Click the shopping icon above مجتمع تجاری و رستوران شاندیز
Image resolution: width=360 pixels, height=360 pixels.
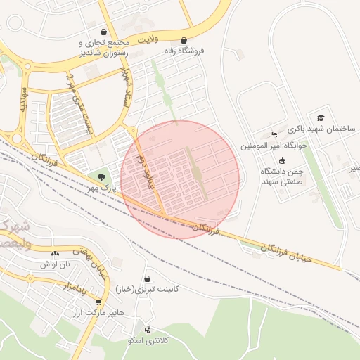point(104,32)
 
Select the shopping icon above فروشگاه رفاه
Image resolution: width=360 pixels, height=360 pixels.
point(184,40)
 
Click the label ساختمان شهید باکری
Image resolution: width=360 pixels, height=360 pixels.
point(321,129)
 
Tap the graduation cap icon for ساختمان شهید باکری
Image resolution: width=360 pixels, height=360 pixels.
point(321,117)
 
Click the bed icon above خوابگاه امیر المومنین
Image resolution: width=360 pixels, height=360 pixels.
point(274,135)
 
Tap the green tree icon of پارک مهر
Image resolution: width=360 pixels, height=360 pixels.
point(103,177)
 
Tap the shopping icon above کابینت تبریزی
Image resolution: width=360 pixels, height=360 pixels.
point(147,278)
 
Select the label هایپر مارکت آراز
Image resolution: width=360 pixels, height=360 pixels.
point(98,311)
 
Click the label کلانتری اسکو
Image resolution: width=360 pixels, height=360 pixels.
point(147,340)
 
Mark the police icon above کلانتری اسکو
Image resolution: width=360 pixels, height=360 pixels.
point(147,329)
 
